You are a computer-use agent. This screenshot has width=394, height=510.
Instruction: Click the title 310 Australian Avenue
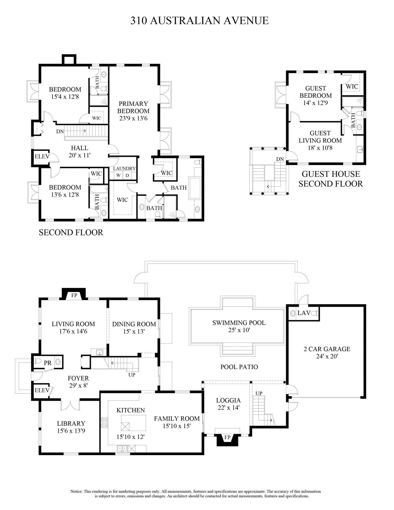(x=199, y=20)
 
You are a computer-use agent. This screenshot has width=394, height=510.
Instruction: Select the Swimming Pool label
(x=239, y=323)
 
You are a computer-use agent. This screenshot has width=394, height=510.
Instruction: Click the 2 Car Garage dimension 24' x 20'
(x=327, y=356)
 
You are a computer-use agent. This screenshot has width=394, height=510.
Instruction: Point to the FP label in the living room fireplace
(x=74, y=295)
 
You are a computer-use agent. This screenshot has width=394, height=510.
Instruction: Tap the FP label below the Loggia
(x=227, y=437)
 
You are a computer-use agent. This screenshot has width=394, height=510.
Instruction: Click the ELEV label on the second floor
(x=42, y=156)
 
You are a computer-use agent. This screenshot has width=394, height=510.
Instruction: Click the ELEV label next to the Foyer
(x=42, y=390)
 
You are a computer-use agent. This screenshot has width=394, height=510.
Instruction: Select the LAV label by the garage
(x=304, y=313)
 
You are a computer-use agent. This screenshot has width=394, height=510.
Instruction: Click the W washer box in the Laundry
(x=118, y=175)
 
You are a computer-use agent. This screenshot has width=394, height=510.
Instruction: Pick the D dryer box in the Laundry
(x=127, y=175)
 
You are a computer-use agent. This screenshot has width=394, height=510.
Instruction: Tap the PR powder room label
(x=48, y=363)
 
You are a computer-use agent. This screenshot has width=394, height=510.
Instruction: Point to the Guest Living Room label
(x=320, y=137)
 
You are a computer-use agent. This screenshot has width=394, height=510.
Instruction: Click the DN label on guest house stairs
(x=280, y=159)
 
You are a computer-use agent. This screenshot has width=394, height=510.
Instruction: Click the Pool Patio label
(x=239, y=367)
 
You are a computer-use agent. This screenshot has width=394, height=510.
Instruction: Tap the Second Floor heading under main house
(x=71, y=232)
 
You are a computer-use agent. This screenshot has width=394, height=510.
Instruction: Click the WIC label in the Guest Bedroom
(x=352, y=86)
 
